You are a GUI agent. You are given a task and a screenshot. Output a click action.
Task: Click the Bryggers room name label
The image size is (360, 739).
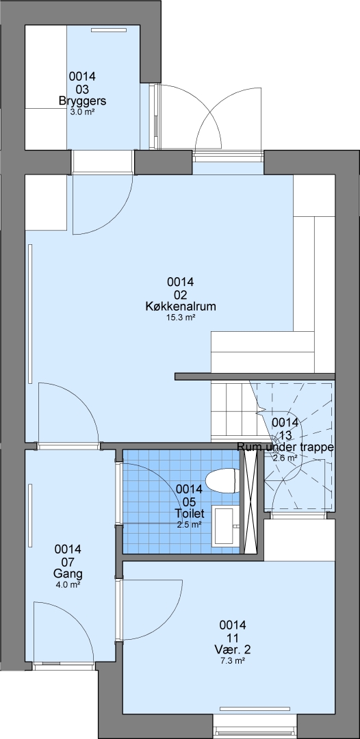click(x=82, y=101)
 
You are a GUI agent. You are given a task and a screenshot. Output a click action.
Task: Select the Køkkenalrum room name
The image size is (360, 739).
click(x=181, y=307)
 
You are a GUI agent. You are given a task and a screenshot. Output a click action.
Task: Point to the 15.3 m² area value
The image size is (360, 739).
click(x=181, y=318)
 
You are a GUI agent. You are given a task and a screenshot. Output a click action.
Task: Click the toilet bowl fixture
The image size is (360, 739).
click(x=222, y=481)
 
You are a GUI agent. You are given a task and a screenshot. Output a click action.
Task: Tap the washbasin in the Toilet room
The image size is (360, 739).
click(x=226, y=526)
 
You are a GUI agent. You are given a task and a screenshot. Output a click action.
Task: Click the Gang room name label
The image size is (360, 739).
click(x=68, y=575)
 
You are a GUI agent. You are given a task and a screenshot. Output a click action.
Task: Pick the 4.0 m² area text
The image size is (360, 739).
click(x=68, y=585)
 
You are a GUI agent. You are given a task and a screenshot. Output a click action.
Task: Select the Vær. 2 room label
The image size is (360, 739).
click(x=233, y=651)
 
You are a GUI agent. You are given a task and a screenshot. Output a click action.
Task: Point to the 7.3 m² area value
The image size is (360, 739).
click(x=233, y=661)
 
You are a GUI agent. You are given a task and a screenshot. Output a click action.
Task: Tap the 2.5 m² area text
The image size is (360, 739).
click(x=190, y=524)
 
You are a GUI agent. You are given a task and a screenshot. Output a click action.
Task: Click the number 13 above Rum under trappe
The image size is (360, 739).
click(x=285, y=435)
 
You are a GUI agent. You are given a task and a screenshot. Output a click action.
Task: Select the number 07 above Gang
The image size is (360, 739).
click(x=68, y=562)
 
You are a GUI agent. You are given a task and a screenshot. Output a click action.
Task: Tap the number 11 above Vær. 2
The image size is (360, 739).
click(x=233, y=638)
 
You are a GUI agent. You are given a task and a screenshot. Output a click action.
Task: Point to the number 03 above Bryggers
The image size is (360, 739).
click(x=82, y=88)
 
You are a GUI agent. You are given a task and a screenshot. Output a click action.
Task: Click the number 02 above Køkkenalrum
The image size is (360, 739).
click(x=181, y=294)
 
